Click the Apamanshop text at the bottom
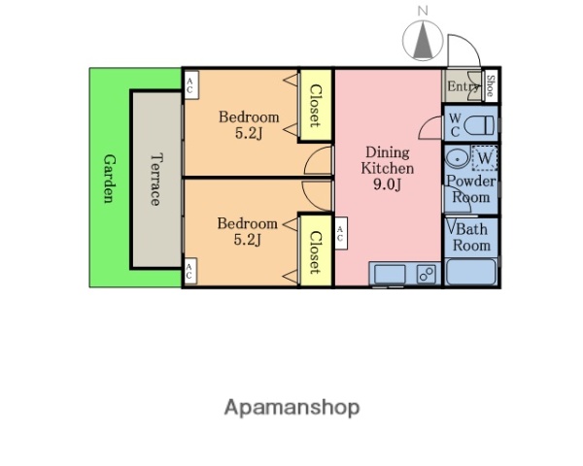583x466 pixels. pos(291,408)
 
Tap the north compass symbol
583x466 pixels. pos(423,40)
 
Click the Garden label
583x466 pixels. pos(109,179)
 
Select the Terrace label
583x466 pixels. pos(155,179)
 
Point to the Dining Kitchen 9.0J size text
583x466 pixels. pos(387,184)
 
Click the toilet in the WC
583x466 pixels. pos(480,125)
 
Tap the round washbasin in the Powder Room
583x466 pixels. pos(458,158)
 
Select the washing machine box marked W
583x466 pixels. pos(485,158)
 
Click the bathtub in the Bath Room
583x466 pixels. pos(471,272)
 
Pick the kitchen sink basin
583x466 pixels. pos(390,274)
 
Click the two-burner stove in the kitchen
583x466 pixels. pos(427,274)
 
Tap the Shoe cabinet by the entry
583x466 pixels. pos(490,85)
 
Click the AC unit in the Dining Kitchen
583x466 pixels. pos(341,233)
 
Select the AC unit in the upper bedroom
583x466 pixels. pos(191,85)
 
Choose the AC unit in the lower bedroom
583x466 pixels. pos(190,271)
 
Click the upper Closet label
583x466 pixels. pos(315,106)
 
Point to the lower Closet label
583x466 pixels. pos(315,252)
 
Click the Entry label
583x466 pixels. pos(463,86)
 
